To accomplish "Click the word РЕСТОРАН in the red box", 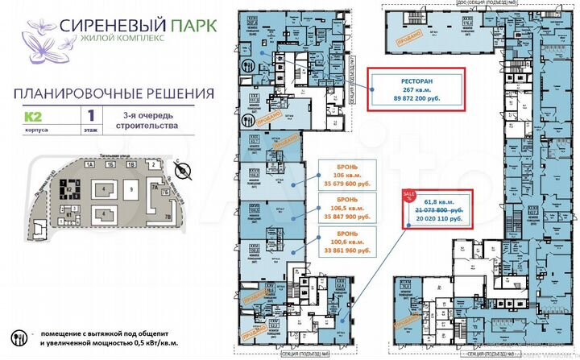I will [x=416, y=79].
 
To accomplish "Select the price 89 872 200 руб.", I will [x=416, y=99].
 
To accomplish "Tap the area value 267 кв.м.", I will [x=416, y=89].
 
